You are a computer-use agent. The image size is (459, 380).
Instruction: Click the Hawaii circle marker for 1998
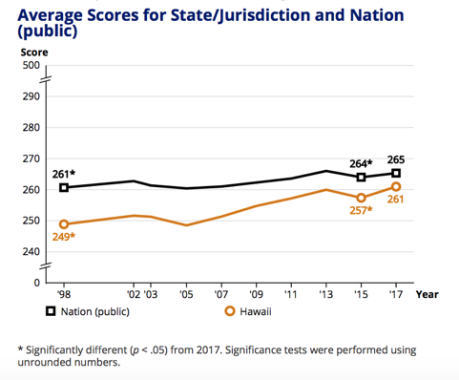64,224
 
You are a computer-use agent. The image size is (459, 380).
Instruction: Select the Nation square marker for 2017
396,174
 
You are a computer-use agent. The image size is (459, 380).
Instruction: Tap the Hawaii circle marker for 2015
361,198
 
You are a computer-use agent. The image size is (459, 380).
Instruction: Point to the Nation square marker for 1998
64,188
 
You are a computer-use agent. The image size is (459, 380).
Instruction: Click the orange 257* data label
361,210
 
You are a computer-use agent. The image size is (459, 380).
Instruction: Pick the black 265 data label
396,159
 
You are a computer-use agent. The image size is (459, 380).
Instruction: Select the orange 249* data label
64,237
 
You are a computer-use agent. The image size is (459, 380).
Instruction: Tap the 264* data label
361,163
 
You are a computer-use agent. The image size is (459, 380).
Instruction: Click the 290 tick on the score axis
31,96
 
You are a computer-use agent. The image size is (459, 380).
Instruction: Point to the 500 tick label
31,65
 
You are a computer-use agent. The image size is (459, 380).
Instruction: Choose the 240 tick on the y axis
31,252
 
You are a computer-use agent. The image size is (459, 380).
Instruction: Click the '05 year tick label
186,294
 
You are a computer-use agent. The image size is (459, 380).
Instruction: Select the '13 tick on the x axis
326,294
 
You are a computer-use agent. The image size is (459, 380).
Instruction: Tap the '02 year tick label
134,294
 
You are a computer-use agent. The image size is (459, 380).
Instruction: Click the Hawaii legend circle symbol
230,311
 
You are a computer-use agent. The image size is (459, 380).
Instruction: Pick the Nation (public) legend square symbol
51,311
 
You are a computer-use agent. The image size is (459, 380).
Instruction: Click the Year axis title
427,295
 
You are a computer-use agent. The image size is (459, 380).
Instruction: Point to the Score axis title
34,53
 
